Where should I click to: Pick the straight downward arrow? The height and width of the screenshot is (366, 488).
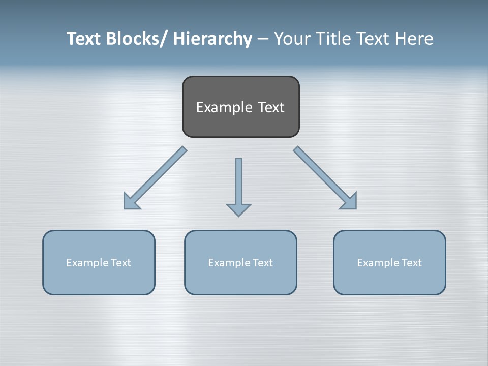click(x=238, y=183)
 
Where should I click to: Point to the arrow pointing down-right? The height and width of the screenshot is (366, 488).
click(x=326, y=178)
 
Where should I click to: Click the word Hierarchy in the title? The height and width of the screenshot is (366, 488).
click(x=212, y=39)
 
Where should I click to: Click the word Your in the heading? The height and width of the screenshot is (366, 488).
click(x=292, y=39)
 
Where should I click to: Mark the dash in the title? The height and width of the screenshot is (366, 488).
click(x=263, y=39)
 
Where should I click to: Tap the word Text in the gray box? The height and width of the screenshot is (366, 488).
click(x=271, y=107)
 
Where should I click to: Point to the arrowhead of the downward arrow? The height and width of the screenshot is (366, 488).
click(x=238, y=209)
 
